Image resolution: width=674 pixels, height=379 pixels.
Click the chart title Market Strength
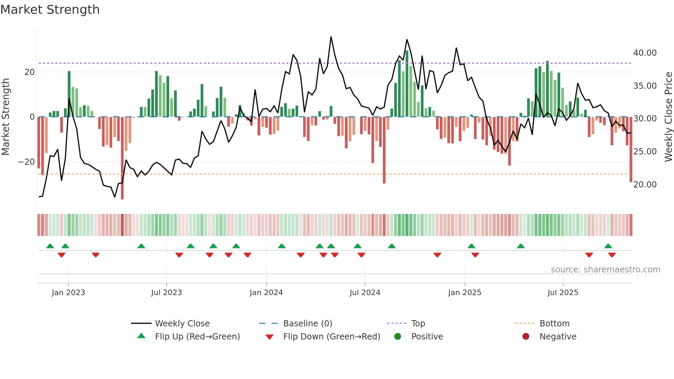coord(50,10)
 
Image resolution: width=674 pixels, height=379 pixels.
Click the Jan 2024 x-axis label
coord(266,293)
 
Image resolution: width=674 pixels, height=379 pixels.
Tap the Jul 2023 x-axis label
coord(166,293)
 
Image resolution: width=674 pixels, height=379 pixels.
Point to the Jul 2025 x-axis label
coord(563,293)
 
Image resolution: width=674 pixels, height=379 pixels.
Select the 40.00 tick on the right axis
coord(645,53)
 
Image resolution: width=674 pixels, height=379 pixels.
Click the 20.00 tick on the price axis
coord(645,185)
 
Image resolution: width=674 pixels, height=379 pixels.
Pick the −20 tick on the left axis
coord(26,162)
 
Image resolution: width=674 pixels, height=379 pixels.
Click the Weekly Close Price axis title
coord(668,117)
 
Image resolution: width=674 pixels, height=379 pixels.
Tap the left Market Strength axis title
coord(6,117)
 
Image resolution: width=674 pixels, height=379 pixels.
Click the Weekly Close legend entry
coord(182,324)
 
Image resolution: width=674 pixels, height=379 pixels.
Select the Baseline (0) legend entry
coord(307,324)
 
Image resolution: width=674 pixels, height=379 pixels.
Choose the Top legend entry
coord(418,324)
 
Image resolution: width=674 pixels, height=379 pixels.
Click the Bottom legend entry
coord(554,324)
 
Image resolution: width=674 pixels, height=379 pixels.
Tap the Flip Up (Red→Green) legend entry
coord(197,337)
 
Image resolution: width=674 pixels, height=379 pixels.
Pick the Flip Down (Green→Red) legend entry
coord(331,337)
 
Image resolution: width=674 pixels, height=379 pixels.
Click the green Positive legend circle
coord(398,337)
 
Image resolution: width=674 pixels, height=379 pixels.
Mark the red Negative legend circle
coord(526,337)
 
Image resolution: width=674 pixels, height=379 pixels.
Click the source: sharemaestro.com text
coord(605,270)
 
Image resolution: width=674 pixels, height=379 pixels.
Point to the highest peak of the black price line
coord(331,37)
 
